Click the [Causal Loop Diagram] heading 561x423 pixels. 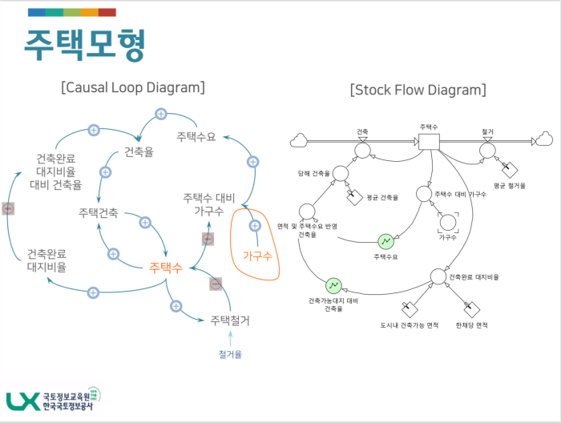132,87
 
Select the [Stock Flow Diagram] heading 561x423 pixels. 418,89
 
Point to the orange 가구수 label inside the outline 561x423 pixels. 257,256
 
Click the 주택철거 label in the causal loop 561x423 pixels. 230,320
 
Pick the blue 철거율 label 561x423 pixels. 230,352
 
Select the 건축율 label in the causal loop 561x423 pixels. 139,151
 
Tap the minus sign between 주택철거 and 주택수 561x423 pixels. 216,284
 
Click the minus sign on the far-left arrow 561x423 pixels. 8,208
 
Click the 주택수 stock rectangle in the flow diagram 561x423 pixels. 428,142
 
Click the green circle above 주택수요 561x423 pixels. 385,240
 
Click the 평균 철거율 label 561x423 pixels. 509,185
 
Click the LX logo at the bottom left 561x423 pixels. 20,401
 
